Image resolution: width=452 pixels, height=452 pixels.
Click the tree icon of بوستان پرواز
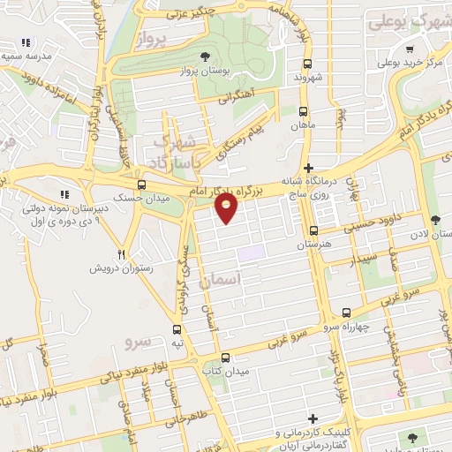(205, 54)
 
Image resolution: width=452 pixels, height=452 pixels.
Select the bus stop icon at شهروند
(307, 64)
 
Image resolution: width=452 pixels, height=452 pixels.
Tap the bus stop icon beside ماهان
(303, 112)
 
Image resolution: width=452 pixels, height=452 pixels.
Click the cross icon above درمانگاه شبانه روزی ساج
(307, 168)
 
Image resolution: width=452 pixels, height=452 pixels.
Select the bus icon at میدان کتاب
(225, 358)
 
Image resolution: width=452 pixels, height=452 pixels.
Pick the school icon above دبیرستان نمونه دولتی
(63, 194)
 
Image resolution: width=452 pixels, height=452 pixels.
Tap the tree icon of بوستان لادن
(433, 220)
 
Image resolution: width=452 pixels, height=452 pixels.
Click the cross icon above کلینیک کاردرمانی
(312, 418)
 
